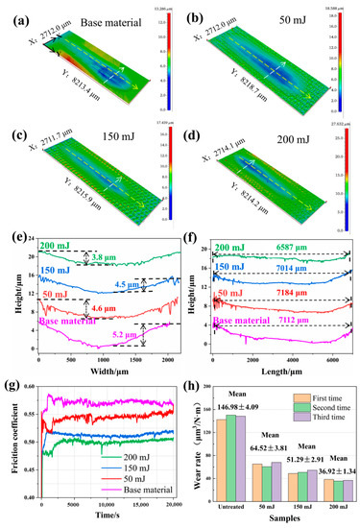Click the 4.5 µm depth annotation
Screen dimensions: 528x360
pyautogui.click(x=127, y=284)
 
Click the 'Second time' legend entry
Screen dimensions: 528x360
pyautogui.click(x=322, y=404)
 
